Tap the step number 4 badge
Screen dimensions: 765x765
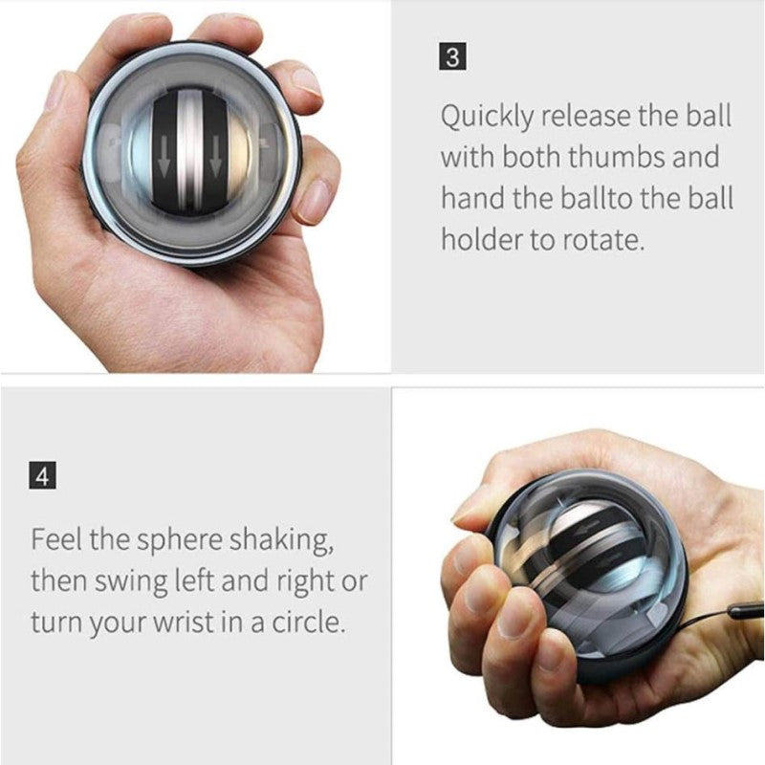[x=42, y=475]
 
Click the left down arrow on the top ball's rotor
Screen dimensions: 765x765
[x=164, y=164]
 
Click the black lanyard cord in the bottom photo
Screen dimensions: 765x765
[x=742, y=611]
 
